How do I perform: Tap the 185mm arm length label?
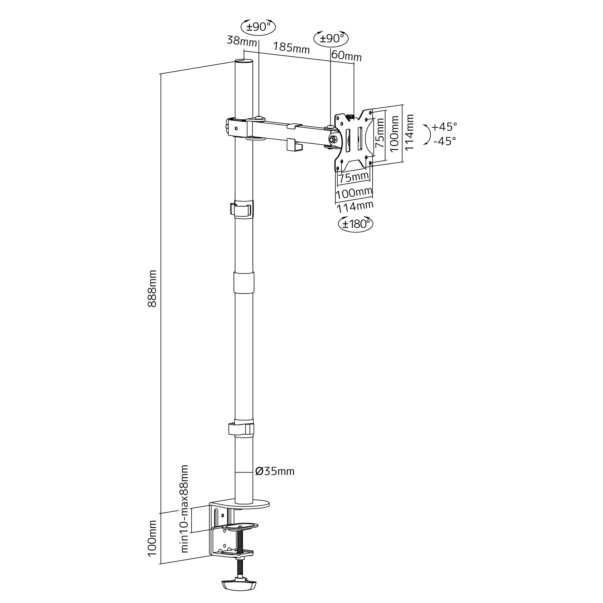pyautogui.click(x=291, y=47)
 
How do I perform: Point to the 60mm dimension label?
pyautogui.click(x=347, y=56)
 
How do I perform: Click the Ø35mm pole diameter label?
pyautogui.click(x=275, y=471)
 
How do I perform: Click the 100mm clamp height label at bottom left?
pyautogui.click(x=152, y=538)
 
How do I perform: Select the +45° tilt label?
pyautogui.click(x=444, y=127)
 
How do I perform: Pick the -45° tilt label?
pyautogui.click(x=445, y=141)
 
